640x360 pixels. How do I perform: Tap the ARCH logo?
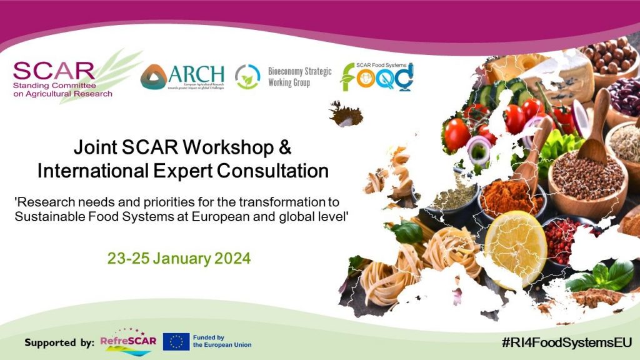point(182,77)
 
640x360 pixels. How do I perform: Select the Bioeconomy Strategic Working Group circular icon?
point(247,77)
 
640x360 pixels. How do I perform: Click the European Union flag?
point(176,342)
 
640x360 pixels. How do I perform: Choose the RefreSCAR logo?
point(126,342)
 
